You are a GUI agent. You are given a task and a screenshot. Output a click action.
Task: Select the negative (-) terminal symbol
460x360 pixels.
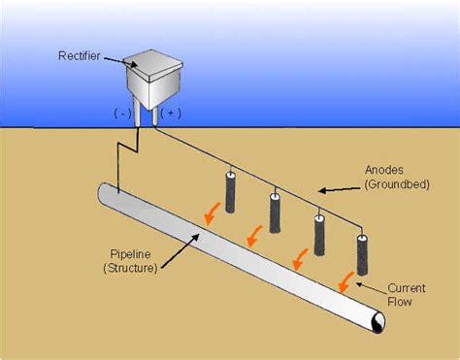[x=123, y=113]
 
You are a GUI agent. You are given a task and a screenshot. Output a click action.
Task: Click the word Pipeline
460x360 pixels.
[x=127, y=254]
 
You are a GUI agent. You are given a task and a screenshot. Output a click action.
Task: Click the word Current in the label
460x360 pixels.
[x=407, y=288]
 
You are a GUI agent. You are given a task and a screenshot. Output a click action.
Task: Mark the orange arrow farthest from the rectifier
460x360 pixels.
[x=344, y=281]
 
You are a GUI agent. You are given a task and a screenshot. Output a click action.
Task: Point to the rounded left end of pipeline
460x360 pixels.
[x=104, y=192]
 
